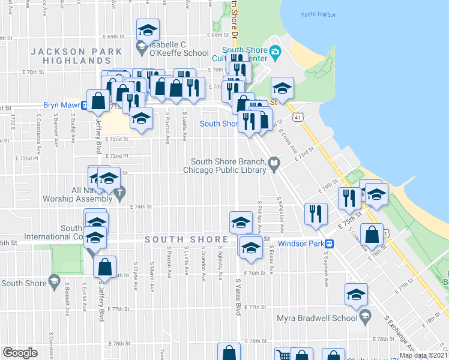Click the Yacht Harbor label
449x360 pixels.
(319, 14)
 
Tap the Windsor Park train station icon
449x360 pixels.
(330, 244)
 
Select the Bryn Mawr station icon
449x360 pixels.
(85, 105)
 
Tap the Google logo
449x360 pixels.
(20, 353)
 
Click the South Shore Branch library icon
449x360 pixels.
(274, 162)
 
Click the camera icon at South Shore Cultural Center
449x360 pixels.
(276, 52)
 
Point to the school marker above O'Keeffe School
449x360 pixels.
(148, 30)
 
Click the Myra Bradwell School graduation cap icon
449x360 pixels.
(364, 316)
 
